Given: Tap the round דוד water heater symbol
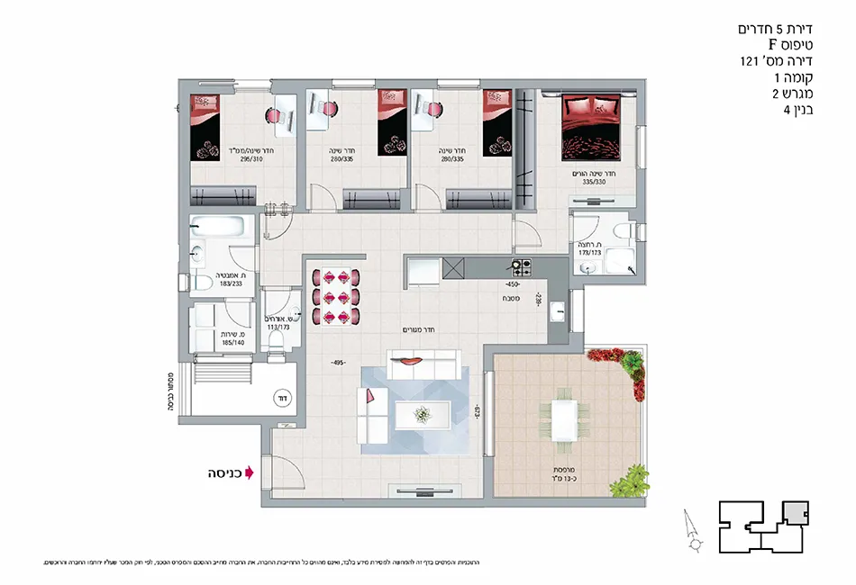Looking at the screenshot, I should pos(281,397).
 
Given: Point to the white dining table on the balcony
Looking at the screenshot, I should pos(564,418).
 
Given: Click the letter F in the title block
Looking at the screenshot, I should pos(772,45).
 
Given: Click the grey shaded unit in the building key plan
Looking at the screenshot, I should pos(792,513).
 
